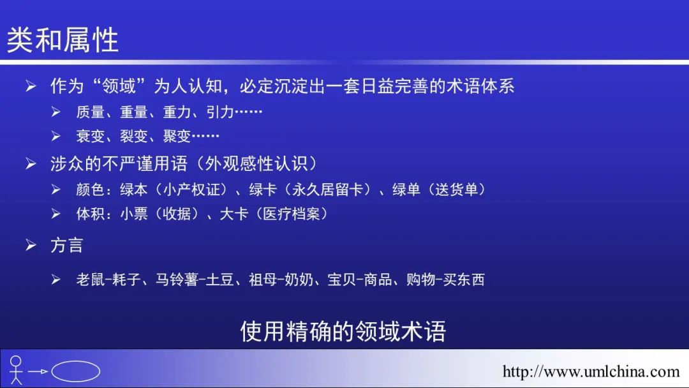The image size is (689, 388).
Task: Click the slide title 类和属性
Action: tap(63, 40)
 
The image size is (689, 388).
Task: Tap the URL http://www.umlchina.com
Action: tap(591, 372)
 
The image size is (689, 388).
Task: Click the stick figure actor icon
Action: tap(16, 370)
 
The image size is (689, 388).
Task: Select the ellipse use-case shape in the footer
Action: tap(75, 371)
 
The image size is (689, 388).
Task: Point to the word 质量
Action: tap(91, 112)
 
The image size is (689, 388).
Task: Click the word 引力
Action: tap(219, 112)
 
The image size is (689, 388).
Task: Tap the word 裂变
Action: tap(133, 136)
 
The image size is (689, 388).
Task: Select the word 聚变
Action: tap(177, 136)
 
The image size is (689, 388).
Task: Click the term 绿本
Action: tap(133, 190)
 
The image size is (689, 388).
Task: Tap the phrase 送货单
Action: tap(456, 190)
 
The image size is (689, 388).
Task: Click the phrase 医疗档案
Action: tap(292, 214)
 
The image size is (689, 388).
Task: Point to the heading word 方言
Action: tap(66, 245)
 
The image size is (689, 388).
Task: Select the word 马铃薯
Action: tap(177, 280)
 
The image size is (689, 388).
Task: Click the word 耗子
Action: tap(126, 280)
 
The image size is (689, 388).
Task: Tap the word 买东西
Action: tap(464, 280)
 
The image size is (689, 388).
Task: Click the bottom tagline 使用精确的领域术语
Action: tap(343, 331)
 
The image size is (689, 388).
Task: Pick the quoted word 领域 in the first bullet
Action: tap(119, 86)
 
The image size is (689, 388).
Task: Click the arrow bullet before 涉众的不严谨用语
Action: tap(31, 164)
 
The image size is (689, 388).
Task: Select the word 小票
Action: tap(133, 214)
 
